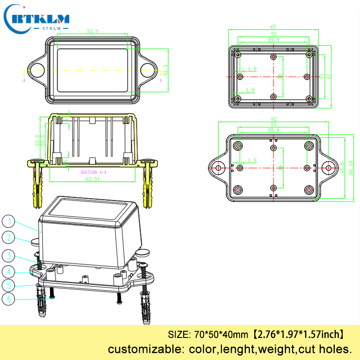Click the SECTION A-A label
(x=93, y=172)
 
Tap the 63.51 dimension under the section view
(x=93, y=179)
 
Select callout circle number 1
(x=9, y=221)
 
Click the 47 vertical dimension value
(x=328, y=77)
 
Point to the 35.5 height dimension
(x=37, y=140)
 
